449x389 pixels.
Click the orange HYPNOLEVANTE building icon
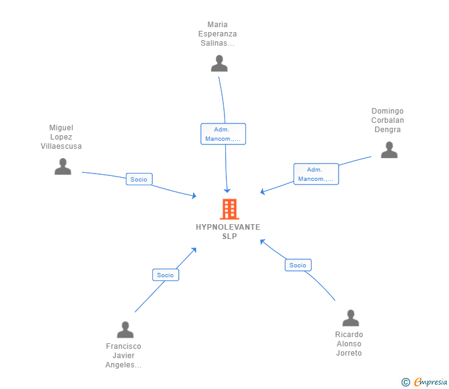(x=229, y=209)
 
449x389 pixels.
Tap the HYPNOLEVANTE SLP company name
(x=228, y=232)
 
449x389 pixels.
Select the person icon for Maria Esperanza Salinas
(x=219, y=64)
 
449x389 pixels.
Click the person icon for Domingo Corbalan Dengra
(x=389, y=149)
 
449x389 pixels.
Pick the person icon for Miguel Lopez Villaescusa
(x=63, y=166)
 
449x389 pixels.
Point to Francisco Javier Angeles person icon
(x=125, y=329)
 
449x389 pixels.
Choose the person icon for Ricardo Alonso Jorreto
(x=350, y=317)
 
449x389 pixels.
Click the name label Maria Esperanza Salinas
(x=218, y=34)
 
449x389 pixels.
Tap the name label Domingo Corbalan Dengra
(x=387, y=120)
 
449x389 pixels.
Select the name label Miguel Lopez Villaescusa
(x=61, y=136)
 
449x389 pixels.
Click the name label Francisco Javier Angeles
(x=123, y=356)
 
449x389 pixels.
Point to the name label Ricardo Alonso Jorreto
(x=349, y=344)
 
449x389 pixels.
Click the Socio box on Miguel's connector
(x=139, y=179)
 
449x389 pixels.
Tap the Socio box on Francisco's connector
(x=165, y=275)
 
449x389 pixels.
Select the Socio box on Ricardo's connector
(x=298, y=265)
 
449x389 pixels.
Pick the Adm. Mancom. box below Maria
(x=223, y=134)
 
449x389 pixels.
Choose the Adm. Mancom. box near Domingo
(x=316, y=174)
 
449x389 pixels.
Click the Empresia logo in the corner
(x=424, y=382)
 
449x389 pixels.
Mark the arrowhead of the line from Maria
(x=227, y=191)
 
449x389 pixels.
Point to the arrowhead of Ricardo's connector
(x=262, y=241)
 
